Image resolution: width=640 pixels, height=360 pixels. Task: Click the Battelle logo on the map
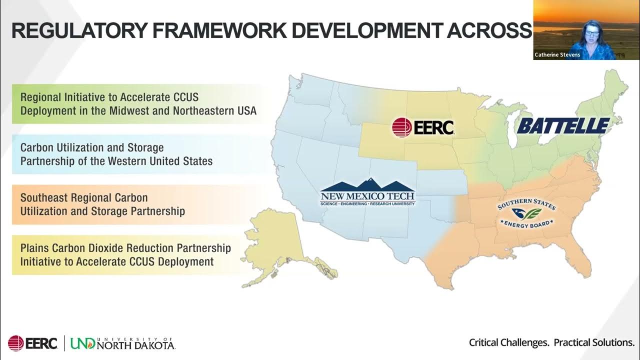click(x=563, y=125)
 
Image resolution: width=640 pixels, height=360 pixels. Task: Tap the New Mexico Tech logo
click(x=367, y=195)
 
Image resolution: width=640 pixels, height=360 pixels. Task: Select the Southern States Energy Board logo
click(x=525, y=214)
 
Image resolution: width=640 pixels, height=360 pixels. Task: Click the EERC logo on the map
click(x=423, y=127)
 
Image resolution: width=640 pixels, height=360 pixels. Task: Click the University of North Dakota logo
click(x=122, y=343)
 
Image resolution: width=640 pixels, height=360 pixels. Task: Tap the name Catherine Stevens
click(x=557, y=55)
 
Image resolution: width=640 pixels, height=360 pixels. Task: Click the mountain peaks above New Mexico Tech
click(x=367, y=184)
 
